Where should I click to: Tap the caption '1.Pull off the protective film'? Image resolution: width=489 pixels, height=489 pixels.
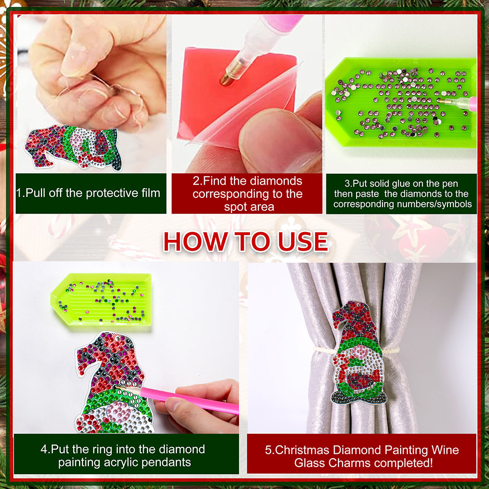(88, 193)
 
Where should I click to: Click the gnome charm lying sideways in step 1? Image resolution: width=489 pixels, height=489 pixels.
(73, 147)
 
